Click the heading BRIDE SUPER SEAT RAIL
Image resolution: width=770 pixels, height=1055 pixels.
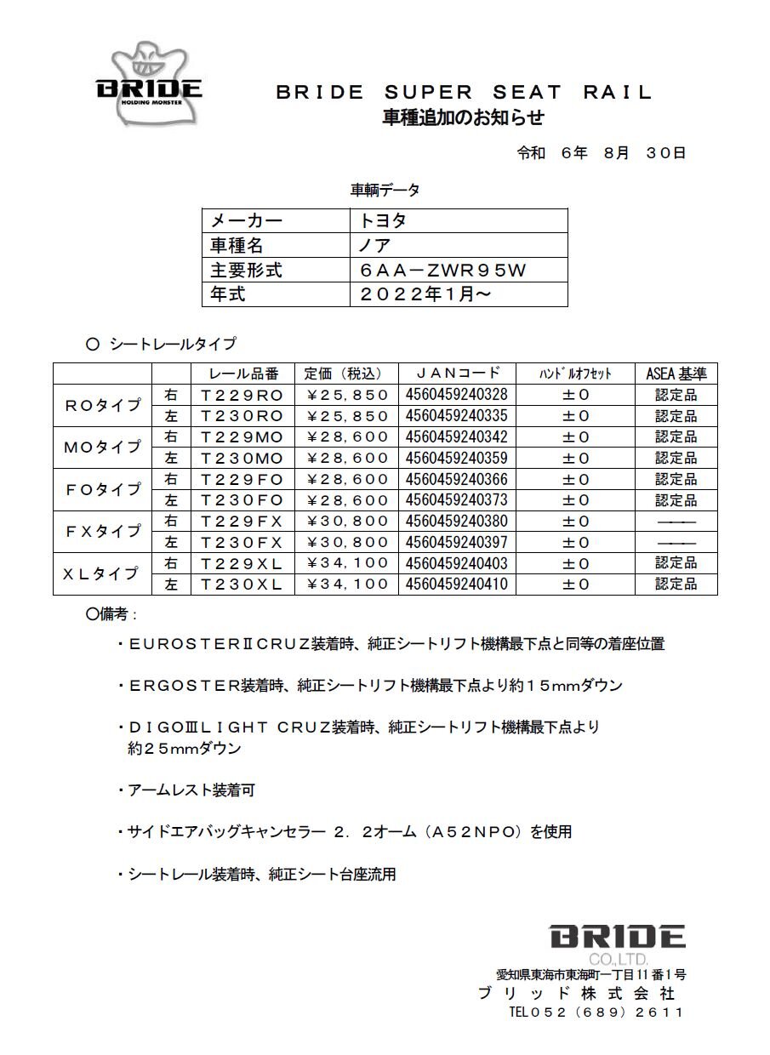coord(464,93)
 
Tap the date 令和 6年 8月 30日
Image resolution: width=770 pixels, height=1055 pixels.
coord(601,153)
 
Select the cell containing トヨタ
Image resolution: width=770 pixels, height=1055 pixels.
coord(383,220)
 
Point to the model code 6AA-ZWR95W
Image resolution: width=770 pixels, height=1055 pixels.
coord(443,271)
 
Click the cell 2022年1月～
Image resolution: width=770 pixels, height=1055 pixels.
coord(425,294)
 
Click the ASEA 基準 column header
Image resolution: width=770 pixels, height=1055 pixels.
coord(676,373)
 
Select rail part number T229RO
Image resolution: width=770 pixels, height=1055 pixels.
coord(241,395)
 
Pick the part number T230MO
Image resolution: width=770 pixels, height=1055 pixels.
coord(241,458)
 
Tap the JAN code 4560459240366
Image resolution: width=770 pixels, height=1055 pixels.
coord(457,479)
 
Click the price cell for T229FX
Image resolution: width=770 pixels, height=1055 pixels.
coord(347,521)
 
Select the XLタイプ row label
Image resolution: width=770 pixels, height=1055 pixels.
coord(101,573)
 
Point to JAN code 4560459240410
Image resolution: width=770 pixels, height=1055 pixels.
coord(457,584)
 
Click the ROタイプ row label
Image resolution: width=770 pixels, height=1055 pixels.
coord(103,405)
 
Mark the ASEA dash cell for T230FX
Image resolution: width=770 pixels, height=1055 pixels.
coord(676,543)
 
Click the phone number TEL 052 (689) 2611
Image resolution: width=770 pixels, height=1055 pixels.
coord(596,1012)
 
